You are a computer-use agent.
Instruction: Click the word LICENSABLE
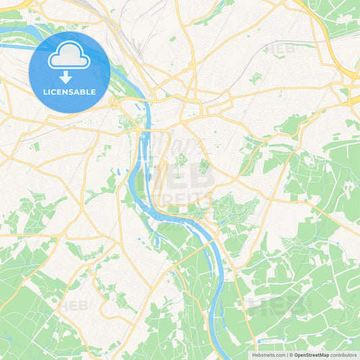(69, 92)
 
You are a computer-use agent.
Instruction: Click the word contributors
(344, 355)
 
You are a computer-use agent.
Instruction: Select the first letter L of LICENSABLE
(44, 92)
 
